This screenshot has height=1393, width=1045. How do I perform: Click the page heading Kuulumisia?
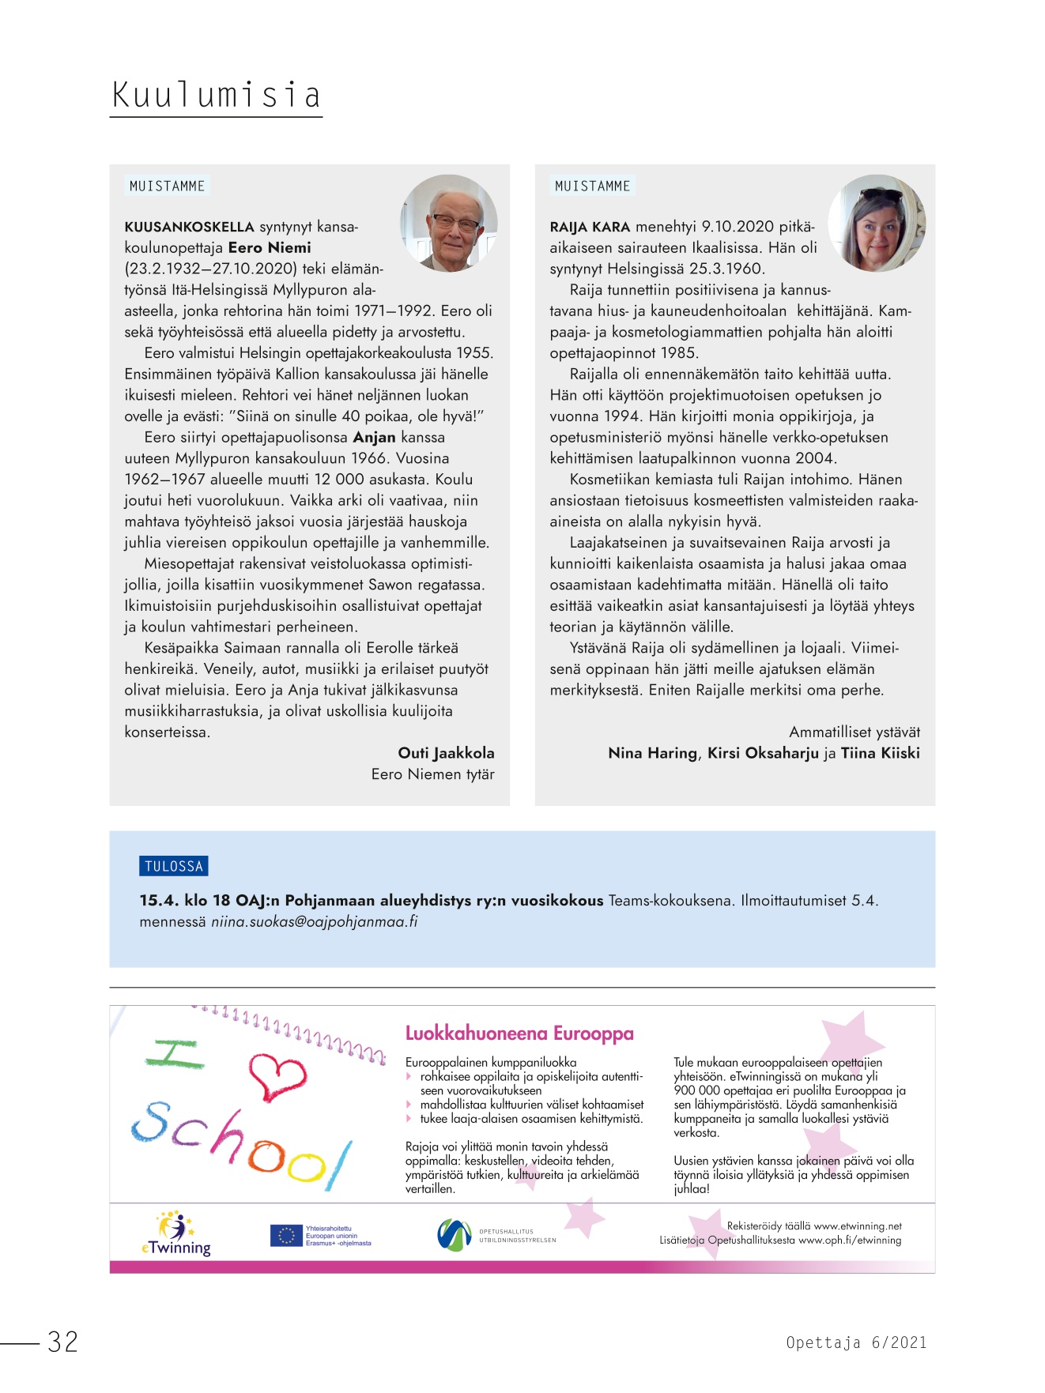coord(216,96)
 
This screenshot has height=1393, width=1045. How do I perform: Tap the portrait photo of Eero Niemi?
coord(449,222)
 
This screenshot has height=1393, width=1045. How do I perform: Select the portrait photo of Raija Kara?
coord(876,224)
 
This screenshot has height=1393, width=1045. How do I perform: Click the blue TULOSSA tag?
coord(174,866)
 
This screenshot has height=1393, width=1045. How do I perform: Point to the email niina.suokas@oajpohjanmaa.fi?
coord(314,921)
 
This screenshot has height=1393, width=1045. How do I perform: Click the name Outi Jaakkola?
coord(446,753)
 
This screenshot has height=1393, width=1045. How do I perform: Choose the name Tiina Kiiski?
coord(880,753)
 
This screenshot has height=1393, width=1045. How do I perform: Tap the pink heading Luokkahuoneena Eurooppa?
coord(519,1033)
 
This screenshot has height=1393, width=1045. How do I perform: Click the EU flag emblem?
coord(285,1236)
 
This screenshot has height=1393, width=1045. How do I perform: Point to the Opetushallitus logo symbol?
coord(454,1235)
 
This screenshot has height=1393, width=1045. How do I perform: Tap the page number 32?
coord(63,1342)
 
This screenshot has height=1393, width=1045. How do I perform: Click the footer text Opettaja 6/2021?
coord(856,1342)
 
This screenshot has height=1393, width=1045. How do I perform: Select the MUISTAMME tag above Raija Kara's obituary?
coord(592,186)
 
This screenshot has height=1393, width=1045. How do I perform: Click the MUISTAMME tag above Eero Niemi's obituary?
coord(167,186)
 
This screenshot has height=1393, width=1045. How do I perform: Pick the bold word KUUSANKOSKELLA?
coord(189,228)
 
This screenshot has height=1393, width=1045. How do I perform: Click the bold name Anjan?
coord(374,438)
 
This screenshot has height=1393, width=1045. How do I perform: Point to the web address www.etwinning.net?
coord(858,1226)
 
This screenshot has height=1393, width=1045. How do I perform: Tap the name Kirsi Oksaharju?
coord(763,753)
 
